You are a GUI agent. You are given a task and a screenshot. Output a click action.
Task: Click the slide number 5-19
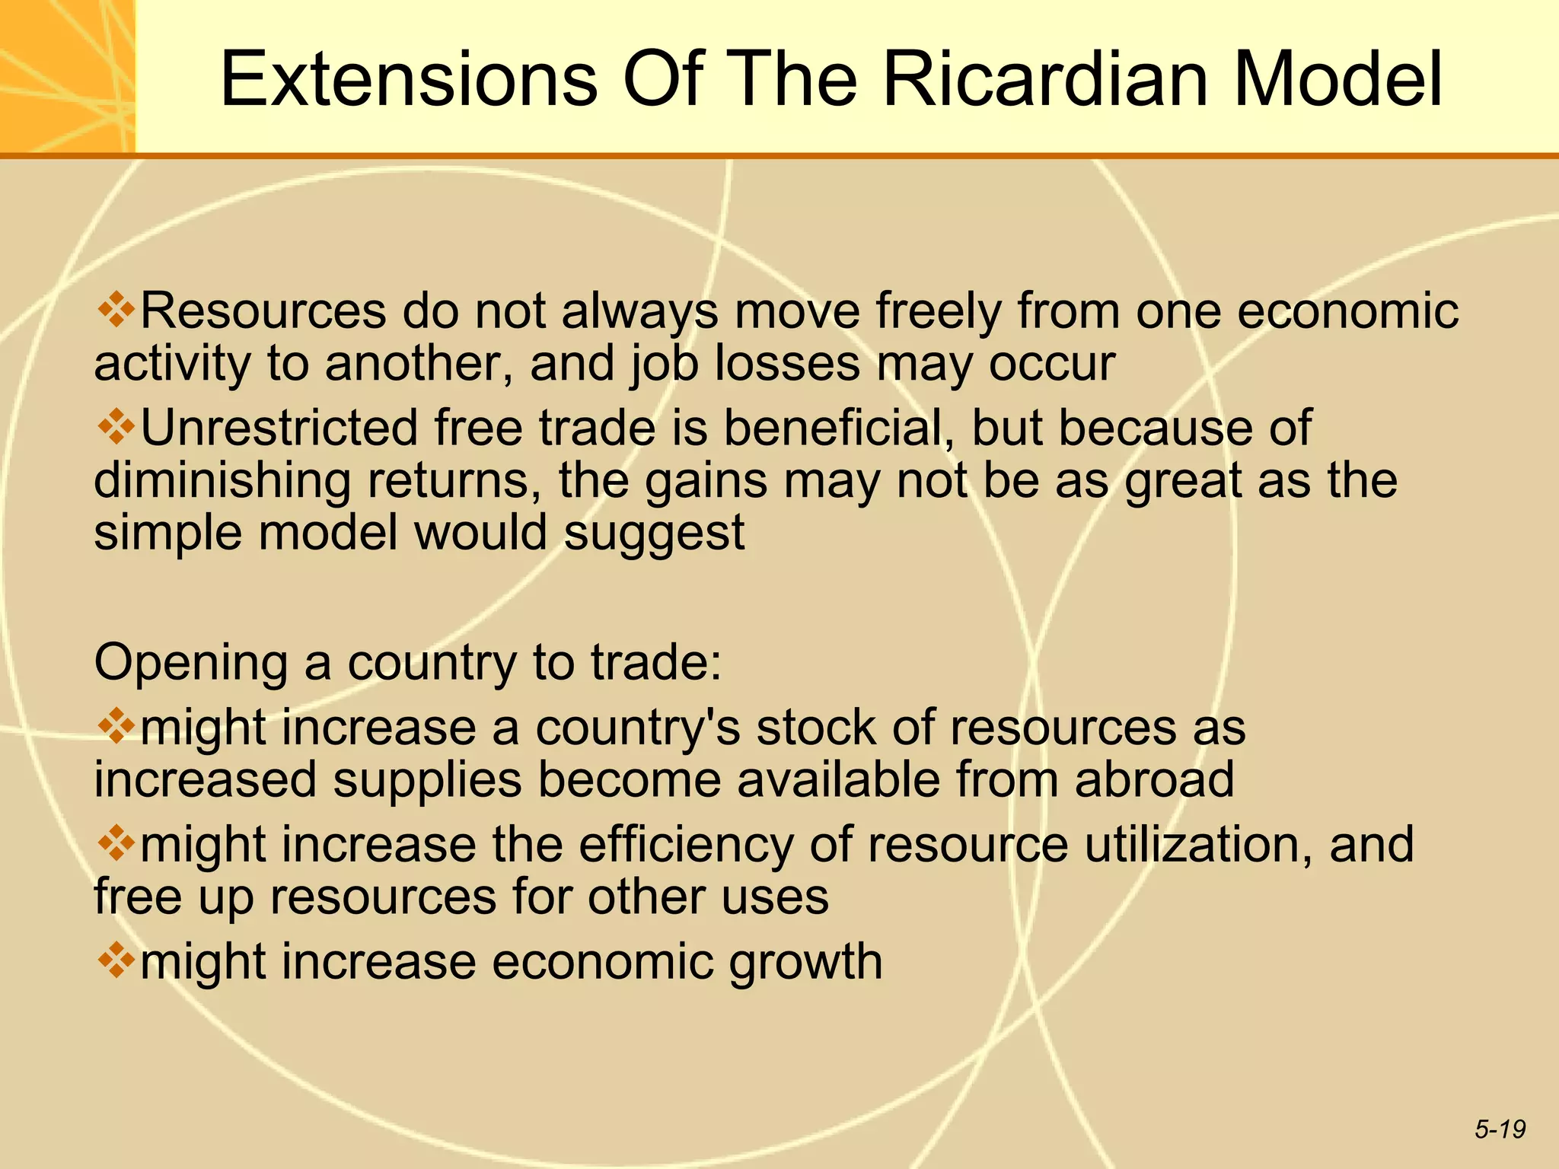tap(1500, 1129)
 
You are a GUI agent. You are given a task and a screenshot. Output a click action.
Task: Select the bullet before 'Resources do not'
tap(116, 310)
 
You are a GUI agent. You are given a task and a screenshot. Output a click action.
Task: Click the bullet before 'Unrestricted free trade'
tap(116, 426)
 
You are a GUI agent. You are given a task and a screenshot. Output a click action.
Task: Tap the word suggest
tap(654, 534)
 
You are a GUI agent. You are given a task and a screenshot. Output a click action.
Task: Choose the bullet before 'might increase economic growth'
tap(116, 960)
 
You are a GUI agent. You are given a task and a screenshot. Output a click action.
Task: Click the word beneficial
tap(838, 428)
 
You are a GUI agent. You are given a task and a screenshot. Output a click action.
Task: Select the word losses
tap(787, 364)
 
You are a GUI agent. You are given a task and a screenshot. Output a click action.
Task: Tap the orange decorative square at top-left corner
tap(67, 76)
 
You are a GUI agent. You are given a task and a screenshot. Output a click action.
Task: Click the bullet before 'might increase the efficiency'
tap(116, 844)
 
